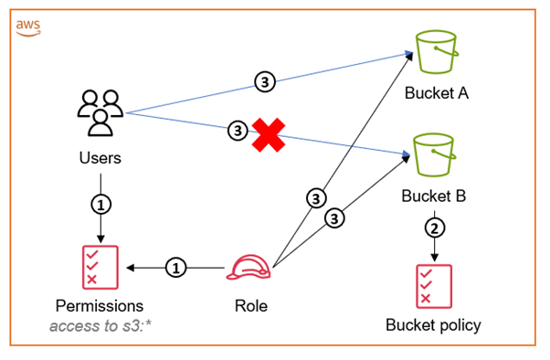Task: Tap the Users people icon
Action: [x=98, y=113]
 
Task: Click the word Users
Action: [x=100, y=158]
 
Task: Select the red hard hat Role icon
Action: [x=250, y=268]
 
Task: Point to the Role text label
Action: [x=250, y=305]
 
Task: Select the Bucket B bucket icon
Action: [x=435, y=156]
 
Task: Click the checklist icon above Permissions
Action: [x=100, y=265]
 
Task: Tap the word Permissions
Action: [x=100, y=305]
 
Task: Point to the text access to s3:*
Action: [x=100, y=324]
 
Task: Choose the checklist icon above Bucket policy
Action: [x=432, y=285]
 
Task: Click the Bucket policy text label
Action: [x=432, y=324]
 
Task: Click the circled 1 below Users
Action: [x=100, y=202]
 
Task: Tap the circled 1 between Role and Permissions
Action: [x=177, y=268]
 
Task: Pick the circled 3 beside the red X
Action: [x=238, y=132]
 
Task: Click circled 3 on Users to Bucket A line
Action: [x=264, y=82]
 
